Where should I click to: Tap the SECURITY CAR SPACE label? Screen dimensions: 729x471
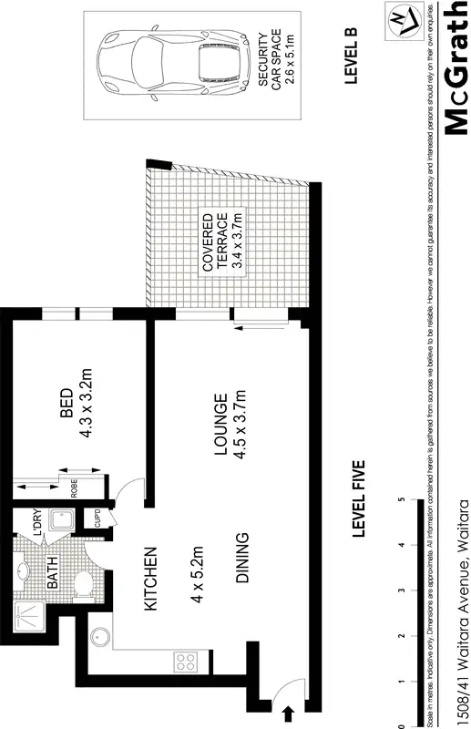tap(270, 59)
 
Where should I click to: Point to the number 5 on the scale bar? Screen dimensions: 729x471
tap(402, 499)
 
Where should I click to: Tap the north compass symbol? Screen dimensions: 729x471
tap(399, 20)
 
